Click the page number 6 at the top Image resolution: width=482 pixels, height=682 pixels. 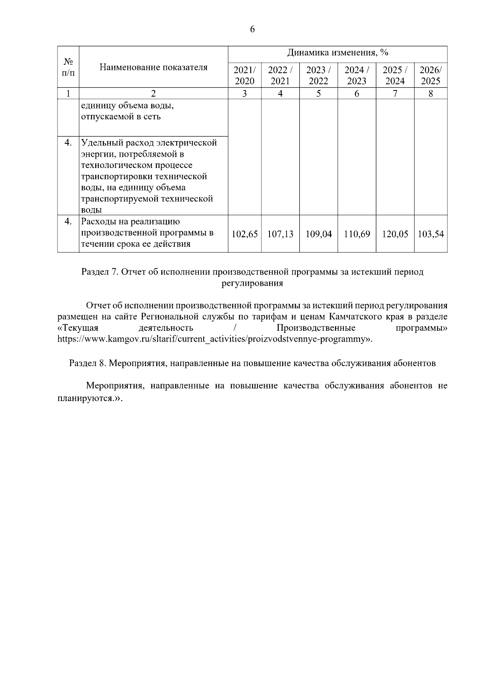coord(252,29)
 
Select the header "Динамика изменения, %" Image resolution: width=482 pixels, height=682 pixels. coord(337,53)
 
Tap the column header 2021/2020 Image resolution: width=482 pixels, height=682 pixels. coord(245,75)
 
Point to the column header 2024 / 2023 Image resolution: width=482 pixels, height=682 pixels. coord(357,75)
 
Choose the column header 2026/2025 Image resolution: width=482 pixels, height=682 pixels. coord(431,75)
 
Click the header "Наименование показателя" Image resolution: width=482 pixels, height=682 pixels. coord(153,67)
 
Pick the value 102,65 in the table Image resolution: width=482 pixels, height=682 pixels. coord(245,234)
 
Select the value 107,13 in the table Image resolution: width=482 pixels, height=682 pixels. coord(280,234)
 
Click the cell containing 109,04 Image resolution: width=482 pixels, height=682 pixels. coord(319,234)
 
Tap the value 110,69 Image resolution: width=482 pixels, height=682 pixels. coord(357,234)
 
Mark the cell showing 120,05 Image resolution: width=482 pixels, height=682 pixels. coord(395,234)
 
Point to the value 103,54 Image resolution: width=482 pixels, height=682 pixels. coord(431,234)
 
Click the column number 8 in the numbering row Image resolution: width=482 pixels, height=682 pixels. coord(431,94)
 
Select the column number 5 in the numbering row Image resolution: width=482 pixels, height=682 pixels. coord(319,94)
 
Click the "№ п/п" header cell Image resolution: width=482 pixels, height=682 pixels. coord(68,67)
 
